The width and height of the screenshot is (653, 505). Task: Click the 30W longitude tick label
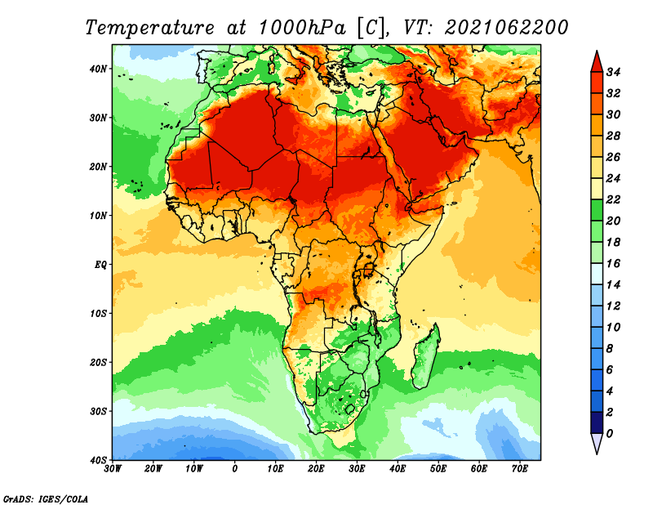tap(113, 469)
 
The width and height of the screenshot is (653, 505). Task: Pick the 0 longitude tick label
tap(235, 469)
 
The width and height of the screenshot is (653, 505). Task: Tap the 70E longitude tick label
tap(520, 469)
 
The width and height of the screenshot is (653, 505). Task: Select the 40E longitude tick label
tap(398, 469)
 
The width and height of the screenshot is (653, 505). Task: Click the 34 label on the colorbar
tap(615, 72)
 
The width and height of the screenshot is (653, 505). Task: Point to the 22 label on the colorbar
tap(615, 199)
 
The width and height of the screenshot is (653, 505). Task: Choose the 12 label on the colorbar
tap(615, 306)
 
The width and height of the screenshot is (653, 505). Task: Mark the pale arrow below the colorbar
tap(597, 444)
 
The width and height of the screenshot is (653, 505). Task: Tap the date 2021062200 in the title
tap(506, 27)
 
